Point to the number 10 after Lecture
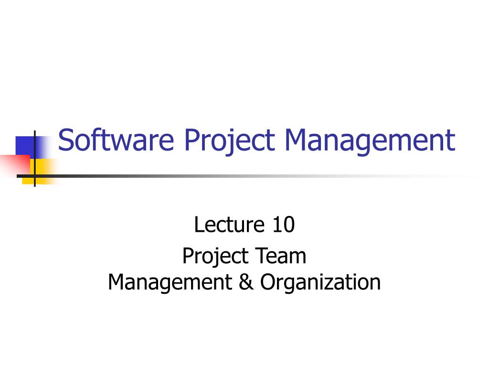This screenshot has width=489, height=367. (284, 225)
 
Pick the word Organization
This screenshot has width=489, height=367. (320, 283)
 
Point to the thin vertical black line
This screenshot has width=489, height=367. (35, 143)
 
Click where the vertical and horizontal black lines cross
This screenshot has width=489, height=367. (35, 176)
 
